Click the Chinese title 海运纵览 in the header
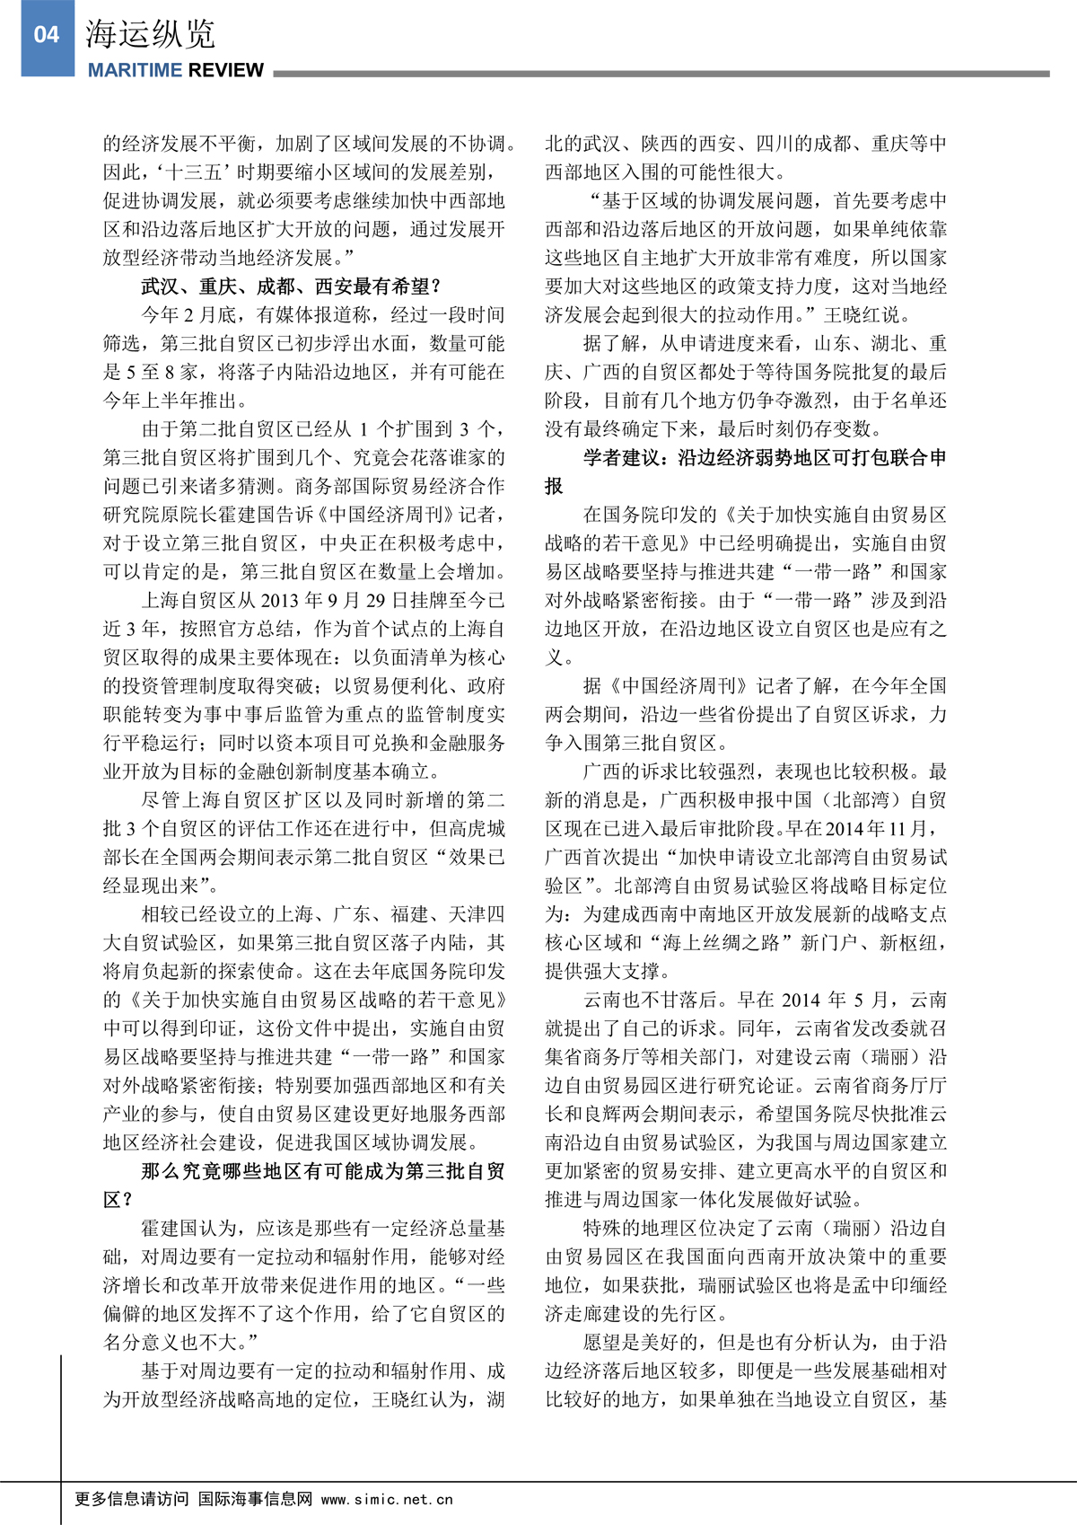[x=151, y=34]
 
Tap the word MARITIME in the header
[x=134, y=70]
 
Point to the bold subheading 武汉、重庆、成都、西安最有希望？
[x=292, y=286]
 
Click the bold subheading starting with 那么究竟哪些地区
[x=323, y=1171]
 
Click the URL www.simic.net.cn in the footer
[x=387, y=1499]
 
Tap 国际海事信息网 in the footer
[x=256, y=1499]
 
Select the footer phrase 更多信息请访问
[x=132, y=1499]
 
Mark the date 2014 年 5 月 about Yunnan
[x=835, y=1001]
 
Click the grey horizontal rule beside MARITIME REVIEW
[x=661, y=74]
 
